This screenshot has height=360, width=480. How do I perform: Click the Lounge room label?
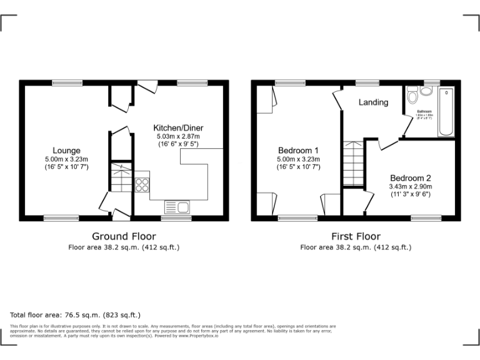click(66, 150)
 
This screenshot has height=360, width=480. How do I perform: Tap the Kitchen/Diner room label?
click(178, 127)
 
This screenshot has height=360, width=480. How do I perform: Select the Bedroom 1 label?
click(298, 150)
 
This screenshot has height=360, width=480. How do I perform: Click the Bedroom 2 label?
click(411, 177)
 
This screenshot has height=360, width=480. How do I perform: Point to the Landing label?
click(373, 102)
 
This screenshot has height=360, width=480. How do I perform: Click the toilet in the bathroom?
click(412, 97)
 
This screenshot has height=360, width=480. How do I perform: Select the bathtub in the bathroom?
click(446, 112)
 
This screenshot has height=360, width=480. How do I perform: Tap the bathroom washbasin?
click(426, 91)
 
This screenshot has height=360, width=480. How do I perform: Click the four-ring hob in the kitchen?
click(142, 184)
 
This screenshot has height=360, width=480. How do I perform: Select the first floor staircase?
click(352, 162)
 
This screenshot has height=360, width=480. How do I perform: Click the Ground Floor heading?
click(124, 236)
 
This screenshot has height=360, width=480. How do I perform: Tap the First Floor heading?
click(356, 236)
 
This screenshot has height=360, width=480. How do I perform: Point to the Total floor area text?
click(76, 315)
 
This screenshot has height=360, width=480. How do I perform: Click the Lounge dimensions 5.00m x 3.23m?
click(66, 159)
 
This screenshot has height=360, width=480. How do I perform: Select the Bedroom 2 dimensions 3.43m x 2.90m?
click(411, 186)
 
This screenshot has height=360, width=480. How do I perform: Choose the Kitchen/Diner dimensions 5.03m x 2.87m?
click(178, 136)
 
